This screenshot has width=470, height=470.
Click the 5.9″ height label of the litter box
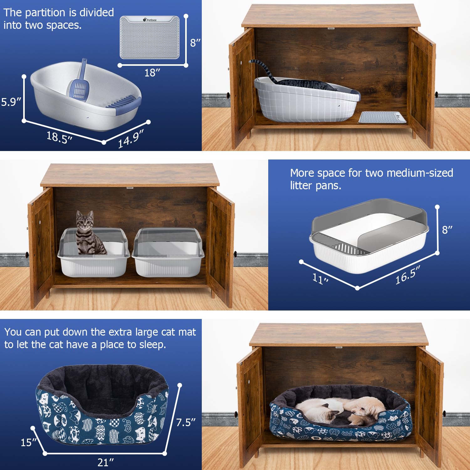point(11,102)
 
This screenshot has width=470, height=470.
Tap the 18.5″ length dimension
point(59,137)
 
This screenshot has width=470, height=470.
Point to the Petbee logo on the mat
point(150,20)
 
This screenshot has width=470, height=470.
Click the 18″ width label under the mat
point(152,73)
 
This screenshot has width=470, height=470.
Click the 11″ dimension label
point(320,278)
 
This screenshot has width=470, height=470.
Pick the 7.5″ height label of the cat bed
point(185,422)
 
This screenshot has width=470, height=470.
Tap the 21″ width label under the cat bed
point(105,462)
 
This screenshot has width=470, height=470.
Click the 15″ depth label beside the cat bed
point(29,442)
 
